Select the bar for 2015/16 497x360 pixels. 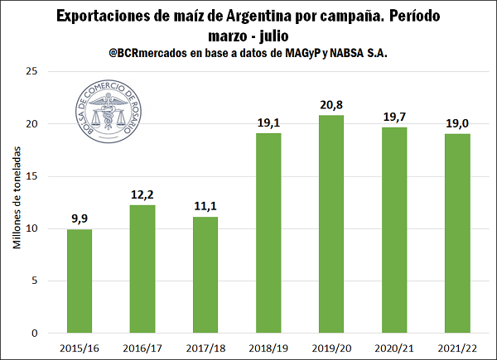(80, 281)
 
